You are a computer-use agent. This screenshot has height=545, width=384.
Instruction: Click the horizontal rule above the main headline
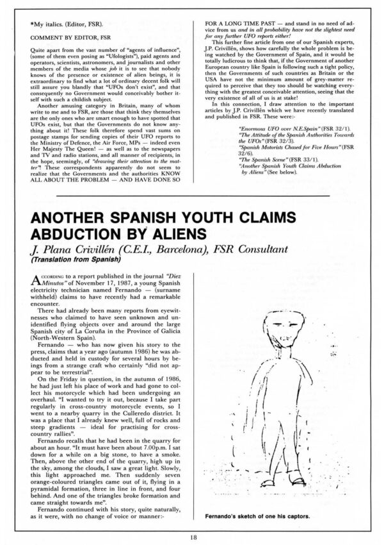tap(191, 196)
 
